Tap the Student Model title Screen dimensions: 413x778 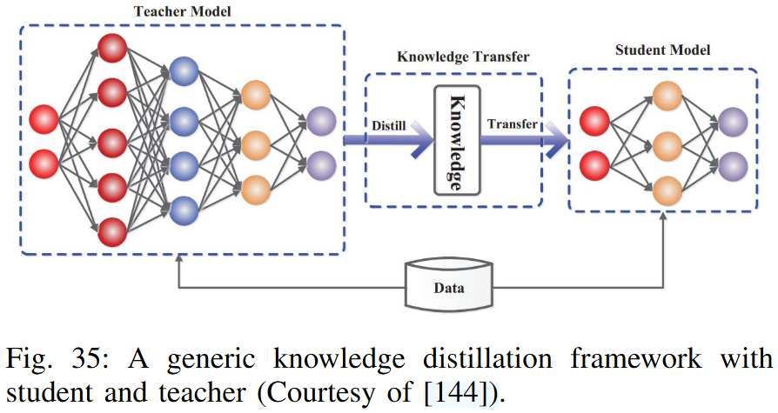[x=662, y=50]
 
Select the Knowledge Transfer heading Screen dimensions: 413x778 [x=463, y=58]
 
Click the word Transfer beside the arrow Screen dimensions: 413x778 [x=512, y=124]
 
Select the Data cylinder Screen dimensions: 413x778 [x=450, y=288]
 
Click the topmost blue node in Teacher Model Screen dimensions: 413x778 [x=184, y=71]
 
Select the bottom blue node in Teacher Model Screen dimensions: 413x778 [x=184, y=209]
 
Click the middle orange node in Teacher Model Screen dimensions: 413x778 [x=257, y=142]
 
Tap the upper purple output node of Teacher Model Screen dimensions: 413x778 [x=320, y=120]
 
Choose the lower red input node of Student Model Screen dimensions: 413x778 [x=595, y=163]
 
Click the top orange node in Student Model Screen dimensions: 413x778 [x=666, y=95]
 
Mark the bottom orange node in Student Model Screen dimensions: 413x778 [x=666, y=189]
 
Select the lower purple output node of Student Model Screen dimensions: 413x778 [x=733, y=164]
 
